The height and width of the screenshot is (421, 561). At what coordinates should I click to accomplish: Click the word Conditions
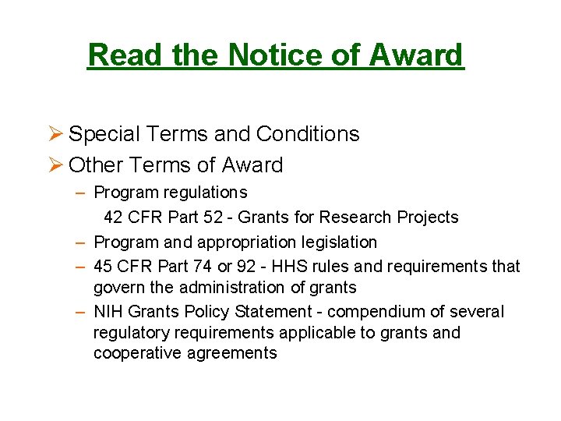tap(308, 134)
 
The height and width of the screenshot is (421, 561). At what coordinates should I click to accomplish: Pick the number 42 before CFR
tap(113, 217)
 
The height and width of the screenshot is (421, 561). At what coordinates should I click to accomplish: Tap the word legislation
tap(339, 242)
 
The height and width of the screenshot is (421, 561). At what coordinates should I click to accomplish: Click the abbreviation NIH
tap(108, 312)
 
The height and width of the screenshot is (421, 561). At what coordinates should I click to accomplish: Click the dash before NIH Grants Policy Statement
tap(80, 312)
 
